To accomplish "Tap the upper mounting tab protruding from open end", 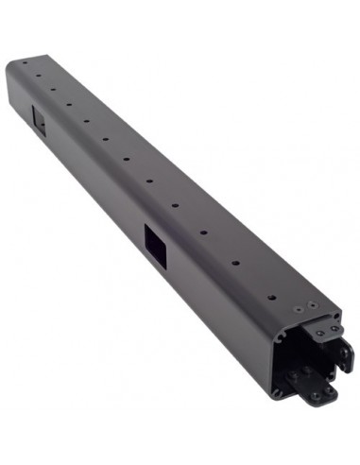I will click(326, 333).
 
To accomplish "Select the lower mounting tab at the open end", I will click(316, 388).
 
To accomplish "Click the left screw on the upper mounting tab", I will click(319, 334).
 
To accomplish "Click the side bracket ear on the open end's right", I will click(345, 354).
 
